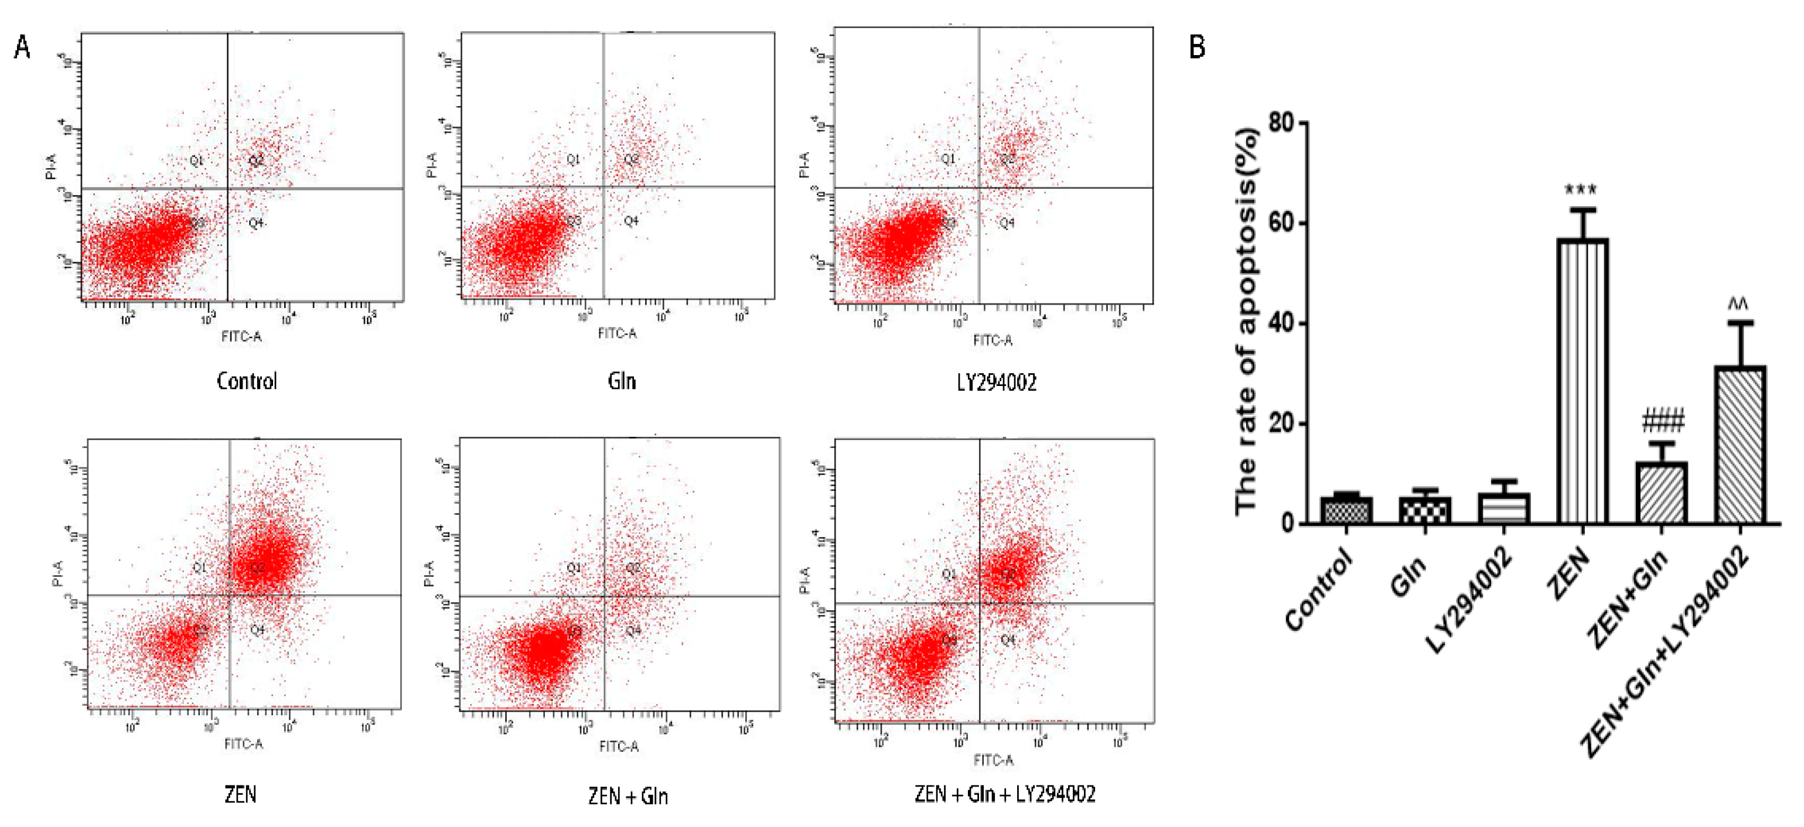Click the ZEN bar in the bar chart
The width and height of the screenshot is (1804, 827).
click(x=1582, y=382)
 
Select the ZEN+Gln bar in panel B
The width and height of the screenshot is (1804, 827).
click(x=1661, y=493)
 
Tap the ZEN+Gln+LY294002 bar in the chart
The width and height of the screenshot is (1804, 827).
click(x=1740, y=445)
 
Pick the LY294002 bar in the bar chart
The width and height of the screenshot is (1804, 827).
click(x=1503, y=509)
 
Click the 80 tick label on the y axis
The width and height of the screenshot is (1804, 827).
click(x=1281, y=123)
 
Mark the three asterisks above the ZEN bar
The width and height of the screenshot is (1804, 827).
click(x=1581, y=190)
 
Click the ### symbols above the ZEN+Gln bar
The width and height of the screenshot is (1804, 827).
click(x=1662, y=422)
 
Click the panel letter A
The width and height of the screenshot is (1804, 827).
click(x=22, y=47)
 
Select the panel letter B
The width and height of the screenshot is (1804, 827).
click(x=1197, y=47)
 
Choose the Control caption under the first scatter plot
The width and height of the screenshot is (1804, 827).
click(x=247, y=382)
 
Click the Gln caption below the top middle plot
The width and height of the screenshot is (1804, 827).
click(x=622, y=382)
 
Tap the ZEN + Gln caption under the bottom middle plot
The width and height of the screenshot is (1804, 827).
click(x=628, y=796)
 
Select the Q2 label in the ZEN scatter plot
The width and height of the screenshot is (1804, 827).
click(x=257, y=567)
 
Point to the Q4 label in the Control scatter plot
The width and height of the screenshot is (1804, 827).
click(x=256, y=223)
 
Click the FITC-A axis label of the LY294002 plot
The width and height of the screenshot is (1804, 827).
click(x=993, y=341)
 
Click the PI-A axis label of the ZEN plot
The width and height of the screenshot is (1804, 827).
click(x=57, y=573)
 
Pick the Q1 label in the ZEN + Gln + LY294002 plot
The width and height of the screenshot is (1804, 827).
click(x=949, y=574)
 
